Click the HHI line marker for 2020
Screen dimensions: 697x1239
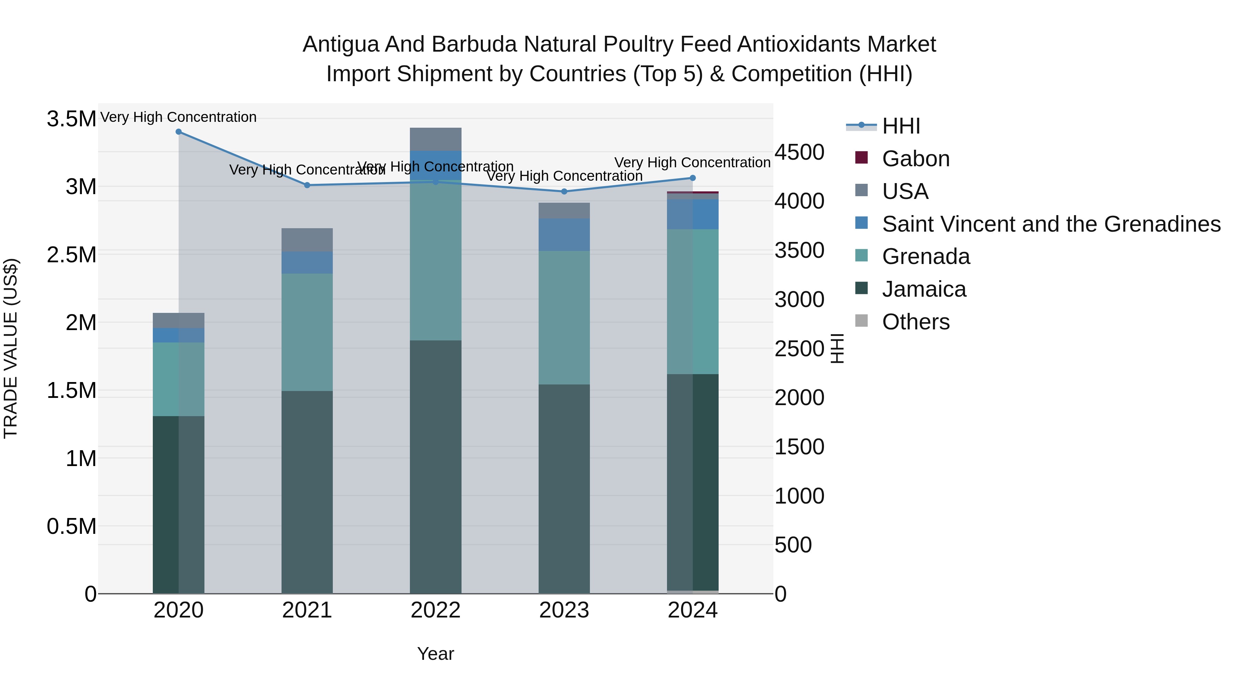[178, 132]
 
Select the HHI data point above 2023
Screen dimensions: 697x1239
[564, 191]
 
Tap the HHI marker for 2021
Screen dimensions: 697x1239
[307, 185]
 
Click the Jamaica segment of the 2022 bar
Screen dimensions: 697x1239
[435, 467]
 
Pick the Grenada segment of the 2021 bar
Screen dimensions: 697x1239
[307, 332]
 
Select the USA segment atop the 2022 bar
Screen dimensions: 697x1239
[435, 139]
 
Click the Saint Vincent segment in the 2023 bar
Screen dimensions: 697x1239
[564, 235]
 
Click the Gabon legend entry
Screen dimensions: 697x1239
[915, 159]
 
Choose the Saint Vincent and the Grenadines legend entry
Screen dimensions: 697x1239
[1051, 224]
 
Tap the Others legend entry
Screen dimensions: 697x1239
[915, 322]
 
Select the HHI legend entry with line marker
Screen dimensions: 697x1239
[901, 126]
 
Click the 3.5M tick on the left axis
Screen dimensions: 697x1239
[72, 119]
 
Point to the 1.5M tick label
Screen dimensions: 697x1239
[72, 391]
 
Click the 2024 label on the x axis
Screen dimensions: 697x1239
[692, 610]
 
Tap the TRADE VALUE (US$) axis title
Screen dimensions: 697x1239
[11, 348]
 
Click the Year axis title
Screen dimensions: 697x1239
[435, 654]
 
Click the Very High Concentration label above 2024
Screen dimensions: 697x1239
[692, 162]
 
